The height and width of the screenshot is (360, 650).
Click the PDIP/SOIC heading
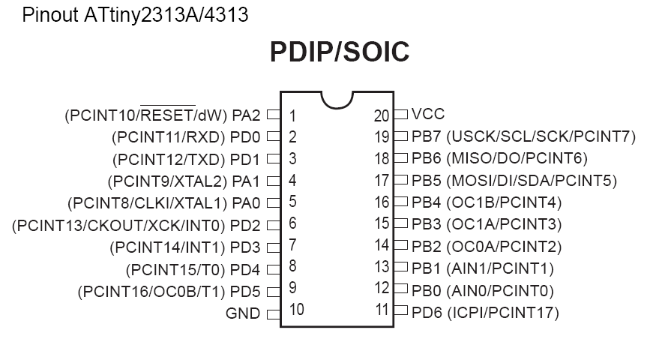click(340, 52)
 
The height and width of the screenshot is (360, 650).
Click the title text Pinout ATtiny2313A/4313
click(135, 15)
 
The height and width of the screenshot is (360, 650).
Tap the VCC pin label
click(428, 114)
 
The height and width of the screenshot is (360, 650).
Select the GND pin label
click(242, 313)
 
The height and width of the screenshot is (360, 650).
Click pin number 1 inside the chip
click(292, 116)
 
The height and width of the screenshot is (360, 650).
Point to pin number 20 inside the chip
click(382, 116)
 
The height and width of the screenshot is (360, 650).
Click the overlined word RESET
click(168, 115)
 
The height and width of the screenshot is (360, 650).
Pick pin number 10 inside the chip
click(296, 310)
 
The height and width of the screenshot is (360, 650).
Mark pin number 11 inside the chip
click(382, 310)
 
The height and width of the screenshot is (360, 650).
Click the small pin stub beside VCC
click(400, 114)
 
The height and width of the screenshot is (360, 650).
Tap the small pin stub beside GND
click(274, 314)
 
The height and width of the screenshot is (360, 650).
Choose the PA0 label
click(246, 203)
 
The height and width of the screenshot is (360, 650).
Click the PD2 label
click(245, 226)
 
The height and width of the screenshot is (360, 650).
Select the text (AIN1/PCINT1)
click(500, 268)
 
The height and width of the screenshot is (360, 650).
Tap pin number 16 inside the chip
click(382, 202)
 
